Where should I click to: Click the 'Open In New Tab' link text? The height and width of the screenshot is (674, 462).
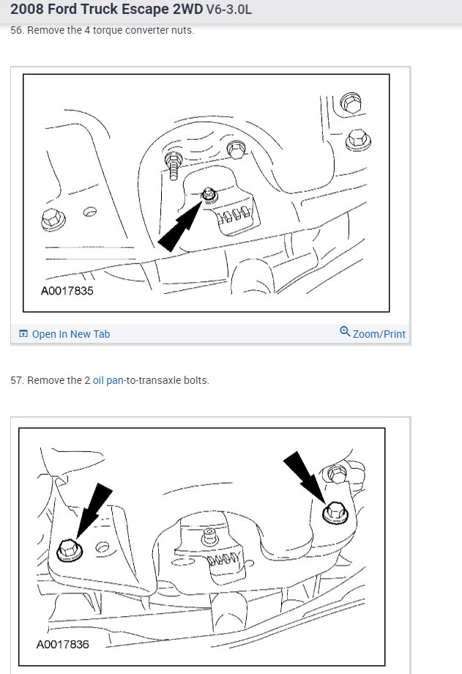tap(70, 334)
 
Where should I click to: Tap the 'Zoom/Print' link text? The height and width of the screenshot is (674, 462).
tap(379, 334)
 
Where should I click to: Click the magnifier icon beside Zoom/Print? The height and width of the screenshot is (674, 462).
tap(345, 332)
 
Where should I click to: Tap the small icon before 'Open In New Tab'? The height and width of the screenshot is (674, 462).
tap(23, 334)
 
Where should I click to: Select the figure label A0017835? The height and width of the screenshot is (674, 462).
tap(67, 291)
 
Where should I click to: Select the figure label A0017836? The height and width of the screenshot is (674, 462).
tap(63, 645)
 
